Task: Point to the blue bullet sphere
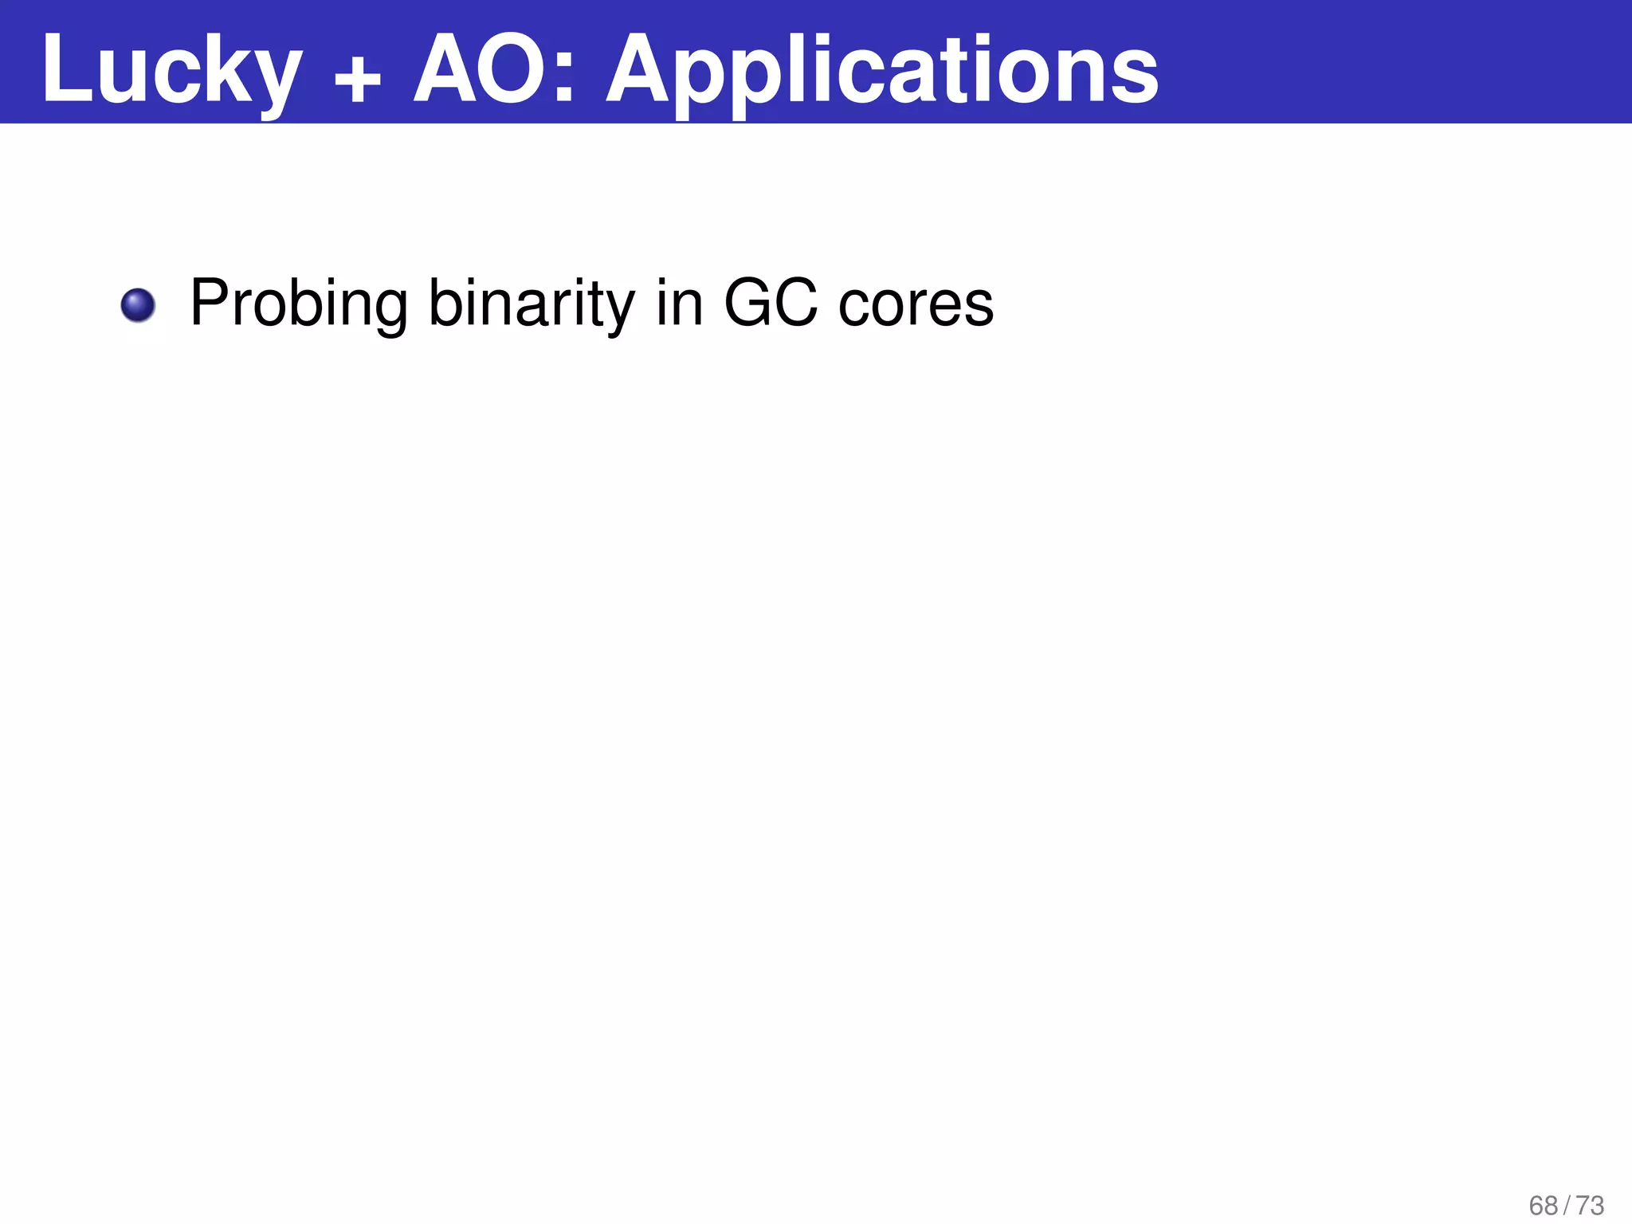click(x=138, y=305)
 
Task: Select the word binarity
click(x=532, y=304)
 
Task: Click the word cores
click(x=916, y=304)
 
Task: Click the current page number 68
click(x=1544, y=1206)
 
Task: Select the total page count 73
click(x=1590, y=1206)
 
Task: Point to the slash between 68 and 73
click(x=1567, y=1206)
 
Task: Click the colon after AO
click(x=564, y=80)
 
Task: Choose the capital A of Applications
click(x=642, y=70)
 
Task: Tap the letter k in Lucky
click(x=232, y=70)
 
